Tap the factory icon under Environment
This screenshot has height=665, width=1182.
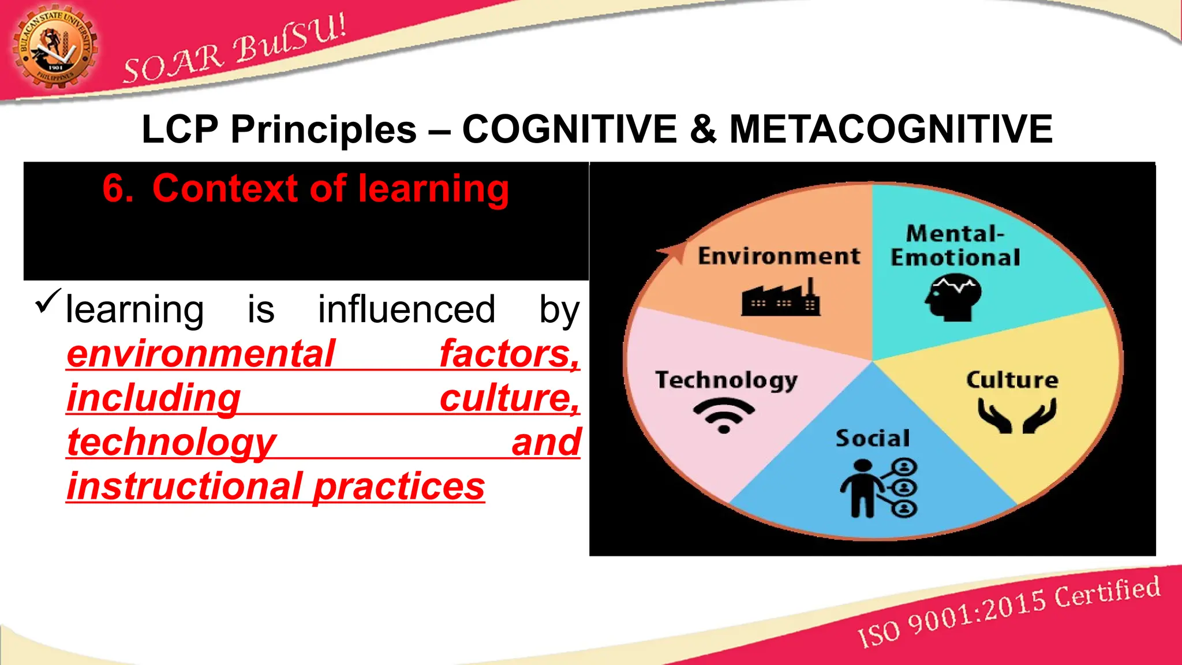click(x=781, y=298)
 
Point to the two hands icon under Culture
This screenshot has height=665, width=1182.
click(x=1017, y=416)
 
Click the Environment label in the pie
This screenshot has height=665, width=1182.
click(x=779, y=256)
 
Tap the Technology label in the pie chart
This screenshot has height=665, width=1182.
click(x=726, y=380)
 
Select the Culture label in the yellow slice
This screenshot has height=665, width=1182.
click(x=1012, y=380)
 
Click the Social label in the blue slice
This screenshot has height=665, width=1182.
click(x=873, y=438)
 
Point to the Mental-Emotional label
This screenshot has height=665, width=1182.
click(x=955, y=246)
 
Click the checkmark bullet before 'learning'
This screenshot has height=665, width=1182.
click(x=48, y=301)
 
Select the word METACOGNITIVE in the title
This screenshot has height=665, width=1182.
click(x=891, y=129)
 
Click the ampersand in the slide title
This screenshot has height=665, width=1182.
click(x=702, y=129)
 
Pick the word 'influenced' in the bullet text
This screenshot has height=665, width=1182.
click(x=406, y=309)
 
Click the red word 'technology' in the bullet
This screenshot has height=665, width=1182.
click(x=171, y=443)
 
